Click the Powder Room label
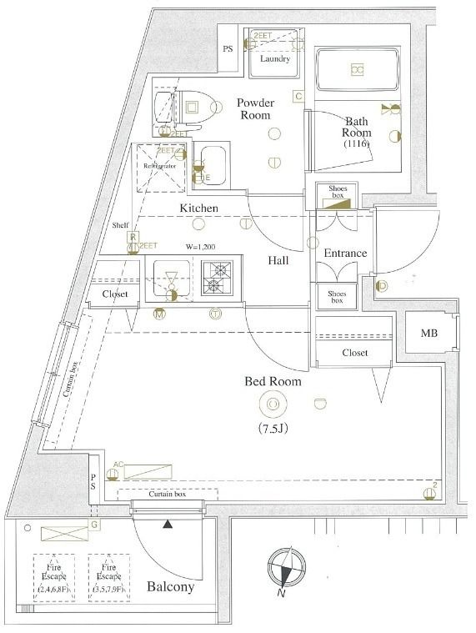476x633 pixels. [x=255, y=108]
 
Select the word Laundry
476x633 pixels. [x=274, y=59]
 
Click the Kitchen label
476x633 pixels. [x=198, y=208]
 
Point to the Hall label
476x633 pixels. [x=278, y=260]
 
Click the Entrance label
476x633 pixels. [x=345, y=253]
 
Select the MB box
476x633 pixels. [x=428, y=334]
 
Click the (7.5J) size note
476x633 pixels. [x=272, y=430]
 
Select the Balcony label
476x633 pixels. [x=170, y=586]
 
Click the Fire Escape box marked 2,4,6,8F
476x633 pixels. [x=56, y=578]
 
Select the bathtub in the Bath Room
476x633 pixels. [x=357, y=70]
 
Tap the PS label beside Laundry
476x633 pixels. [x=228, y=49]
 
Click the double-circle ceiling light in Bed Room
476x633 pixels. [x=272, y=405]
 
